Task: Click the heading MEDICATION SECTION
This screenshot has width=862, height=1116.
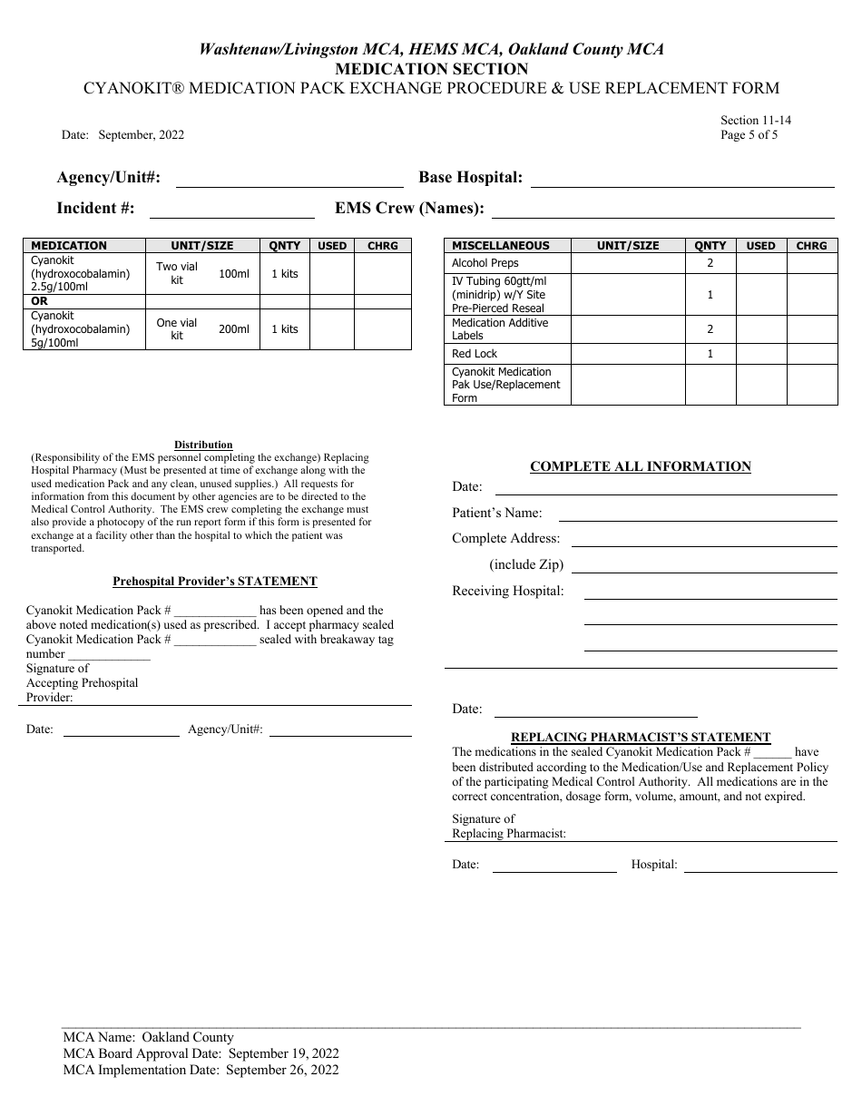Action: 431,69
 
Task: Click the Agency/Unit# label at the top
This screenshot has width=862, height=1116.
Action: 109,178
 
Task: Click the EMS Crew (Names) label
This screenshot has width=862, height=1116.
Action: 409,209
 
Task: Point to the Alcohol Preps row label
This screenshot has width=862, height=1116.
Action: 485,263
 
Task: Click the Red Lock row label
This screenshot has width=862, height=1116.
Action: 475,354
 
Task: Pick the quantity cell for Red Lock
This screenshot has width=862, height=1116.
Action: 710,354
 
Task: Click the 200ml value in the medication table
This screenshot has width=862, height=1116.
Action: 233,329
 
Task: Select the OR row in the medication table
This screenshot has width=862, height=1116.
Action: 40,301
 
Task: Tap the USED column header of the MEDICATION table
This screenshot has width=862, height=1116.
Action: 332,246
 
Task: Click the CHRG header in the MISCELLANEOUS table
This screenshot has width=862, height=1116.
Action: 811,246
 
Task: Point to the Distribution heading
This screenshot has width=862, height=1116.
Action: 203,445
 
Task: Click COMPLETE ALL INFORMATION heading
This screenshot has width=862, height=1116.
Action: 641,466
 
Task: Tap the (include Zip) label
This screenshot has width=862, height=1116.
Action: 526,564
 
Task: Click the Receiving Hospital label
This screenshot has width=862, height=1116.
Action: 508,592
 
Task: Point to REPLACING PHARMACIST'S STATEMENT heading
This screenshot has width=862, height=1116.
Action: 641,738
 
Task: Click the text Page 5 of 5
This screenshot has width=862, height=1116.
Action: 749,135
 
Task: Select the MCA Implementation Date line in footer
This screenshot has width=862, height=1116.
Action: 201,1070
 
